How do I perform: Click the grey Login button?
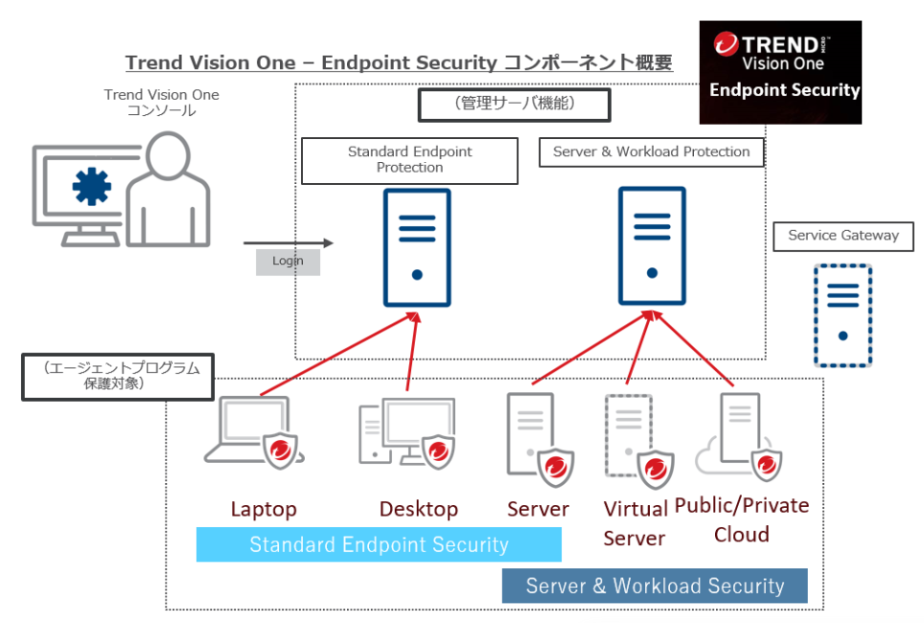288,262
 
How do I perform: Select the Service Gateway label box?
843,236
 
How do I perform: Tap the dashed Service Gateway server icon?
843,315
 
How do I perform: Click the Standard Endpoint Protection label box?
409,160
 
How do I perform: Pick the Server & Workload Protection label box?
651,152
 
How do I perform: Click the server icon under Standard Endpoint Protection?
417,247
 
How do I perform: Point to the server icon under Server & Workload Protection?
652,247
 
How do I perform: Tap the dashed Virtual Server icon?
630,436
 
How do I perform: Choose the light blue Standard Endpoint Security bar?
379,545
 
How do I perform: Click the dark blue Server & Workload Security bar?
655,586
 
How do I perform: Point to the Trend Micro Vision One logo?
780,72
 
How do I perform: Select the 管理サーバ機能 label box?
514,104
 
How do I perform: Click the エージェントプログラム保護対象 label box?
118,376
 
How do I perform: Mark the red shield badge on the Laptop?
280,450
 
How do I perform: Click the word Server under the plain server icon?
538,509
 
